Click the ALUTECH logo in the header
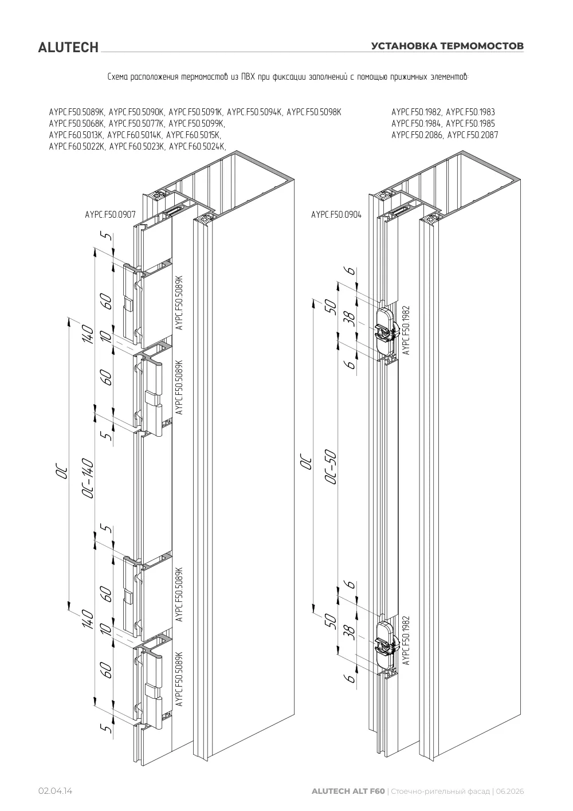coord(68,48)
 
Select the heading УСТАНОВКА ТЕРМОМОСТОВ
coord(448,46)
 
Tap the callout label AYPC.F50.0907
coord(111,215)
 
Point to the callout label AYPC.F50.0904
coord(336,215)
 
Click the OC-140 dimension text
coord(88,478)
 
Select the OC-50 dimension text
coord(331,467)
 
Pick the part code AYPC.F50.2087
coord(473,135)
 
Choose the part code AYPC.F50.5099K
coord(197,124)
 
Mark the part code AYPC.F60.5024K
coord(198,146)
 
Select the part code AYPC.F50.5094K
coord(254,112)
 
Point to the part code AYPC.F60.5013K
coord(76,135)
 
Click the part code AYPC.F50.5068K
coord(77,124)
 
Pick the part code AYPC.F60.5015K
coord(193,135)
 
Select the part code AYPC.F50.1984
coord(416,123)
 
